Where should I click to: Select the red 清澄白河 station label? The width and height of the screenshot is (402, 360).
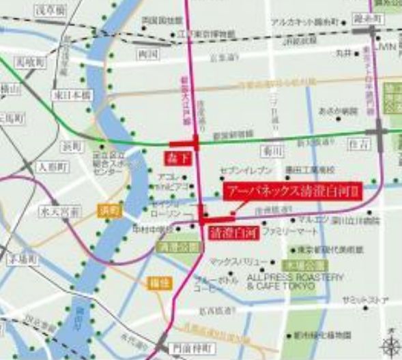tap(225, 231)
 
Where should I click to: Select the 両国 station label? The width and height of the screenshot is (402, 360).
tap(147, 52)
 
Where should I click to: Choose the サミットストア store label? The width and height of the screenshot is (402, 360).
tap(364, 299)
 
